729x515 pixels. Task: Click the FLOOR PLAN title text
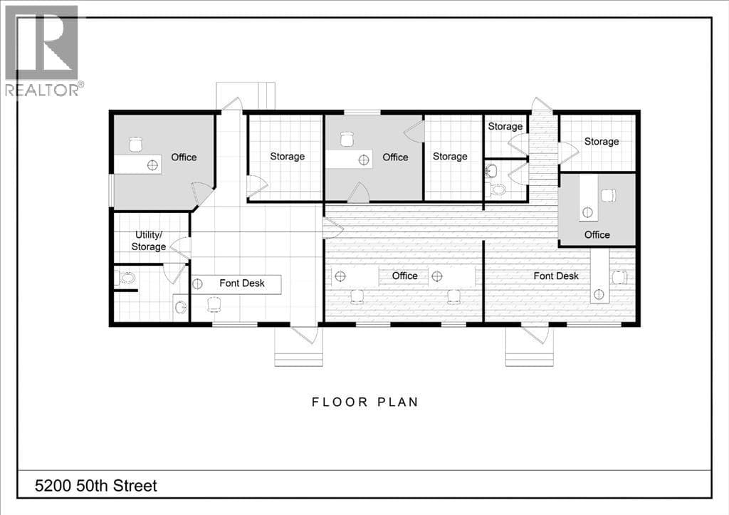[365, 402]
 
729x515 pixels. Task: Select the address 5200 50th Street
[96, 487]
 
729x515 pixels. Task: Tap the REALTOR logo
[43, 51]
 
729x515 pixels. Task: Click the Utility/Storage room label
[148, 241]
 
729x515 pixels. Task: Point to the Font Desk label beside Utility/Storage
[242, 283]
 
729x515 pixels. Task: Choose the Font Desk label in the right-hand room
[556, 276]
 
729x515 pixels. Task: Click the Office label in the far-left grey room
[184, 157]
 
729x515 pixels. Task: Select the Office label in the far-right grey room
[597, 235]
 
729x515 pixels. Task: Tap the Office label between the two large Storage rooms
[395, 157]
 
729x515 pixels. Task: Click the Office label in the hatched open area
[404, 276]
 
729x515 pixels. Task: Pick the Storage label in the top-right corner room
[602, 142]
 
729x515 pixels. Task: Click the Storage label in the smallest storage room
[505, 127]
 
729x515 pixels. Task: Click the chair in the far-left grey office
[135, 145]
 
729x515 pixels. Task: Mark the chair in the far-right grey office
[608, 195]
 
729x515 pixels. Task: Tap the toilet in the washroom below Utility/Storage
[125, 279]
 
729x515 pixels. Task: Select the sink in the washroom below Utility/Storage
[180, 307]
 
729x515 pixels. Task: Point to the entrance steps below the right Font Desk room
[530, 351]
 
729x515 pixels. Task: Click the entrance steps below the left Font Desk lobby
[298, 351]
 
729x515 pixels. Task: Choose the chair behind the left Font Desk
[214, 304]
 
